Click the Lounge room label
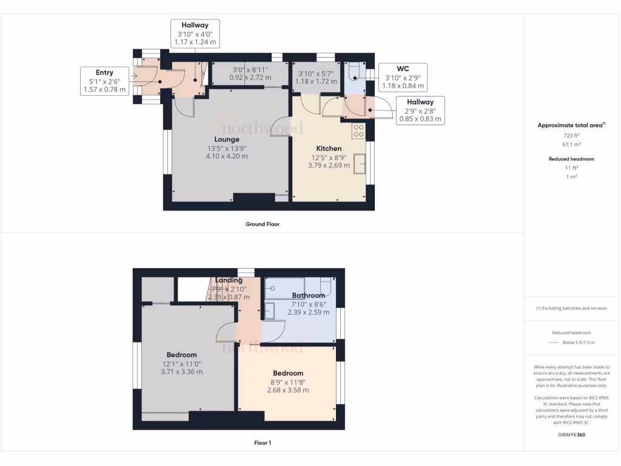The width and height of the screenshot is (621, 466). [226, 140]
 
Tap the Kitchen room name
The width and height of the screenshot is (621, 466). [329, 149]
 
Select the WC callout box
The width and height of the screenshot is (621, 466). [403, 77]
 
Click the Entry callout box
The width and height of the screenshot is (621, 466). [104, 81]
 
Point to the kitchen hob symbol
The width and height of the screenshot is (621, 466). [358, 130]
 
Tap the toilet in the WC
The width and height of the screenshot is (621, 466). [355, 73]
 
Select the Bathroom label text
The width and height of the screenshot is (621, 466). [309, 295]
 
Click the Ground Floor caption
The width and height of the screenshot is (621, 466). [262, 224]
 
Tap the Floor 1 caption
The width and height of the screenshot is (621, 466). [262, 443]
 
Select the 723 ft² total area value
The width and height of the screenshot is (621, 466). [572, 136]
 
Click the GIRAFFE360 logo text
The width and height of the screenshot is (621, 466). [571, 434]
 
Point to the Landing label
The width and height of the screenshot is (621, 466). [228, 280]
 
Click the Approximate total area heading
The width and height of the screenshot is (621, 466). [571, 125]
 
